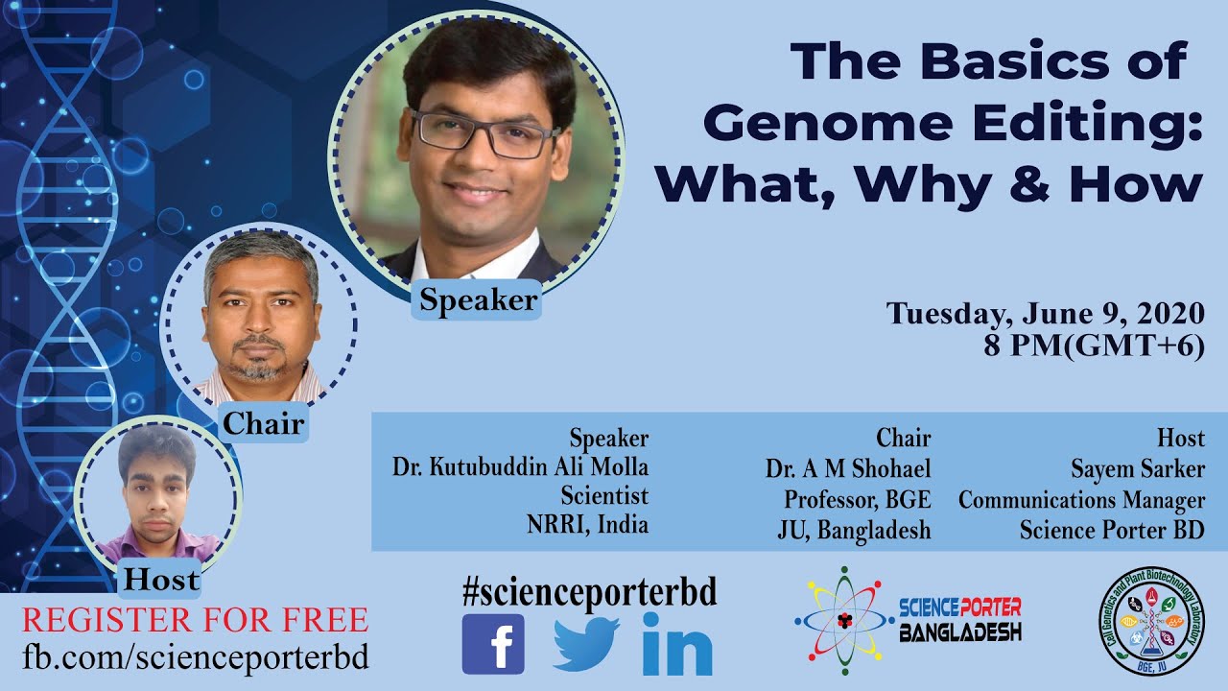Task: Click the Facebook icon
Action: coord(493,644)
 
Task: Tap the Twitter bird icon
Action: coord(586,644)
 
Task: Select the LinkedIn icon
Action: coord(677,644)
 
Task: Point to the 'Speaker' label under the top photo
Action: coord(479,300)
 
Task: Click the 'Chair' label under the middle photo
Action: coord(264,423)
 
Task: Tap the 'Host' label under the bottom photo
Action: coord(161,580)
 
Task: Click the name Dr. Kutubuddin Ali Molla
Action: coord(520,467)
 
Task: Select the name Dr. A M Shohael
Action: coord(848,468)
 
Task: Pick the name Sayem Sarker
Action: coord(1138,468)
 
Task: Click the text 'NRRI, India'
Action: coord(587,525)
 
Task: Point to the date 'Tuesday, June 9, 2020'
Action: coord(1045,314)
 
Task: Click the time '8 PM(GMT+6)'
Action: coord(1093,345)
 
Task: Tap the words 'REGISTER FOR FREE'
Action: coord(195,620)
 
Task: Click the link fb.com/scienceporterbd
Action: coord(195,657)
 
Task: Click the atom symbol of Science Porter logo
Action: coord(843,620)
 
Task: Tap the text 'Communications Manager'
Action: coord(1081,500)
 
